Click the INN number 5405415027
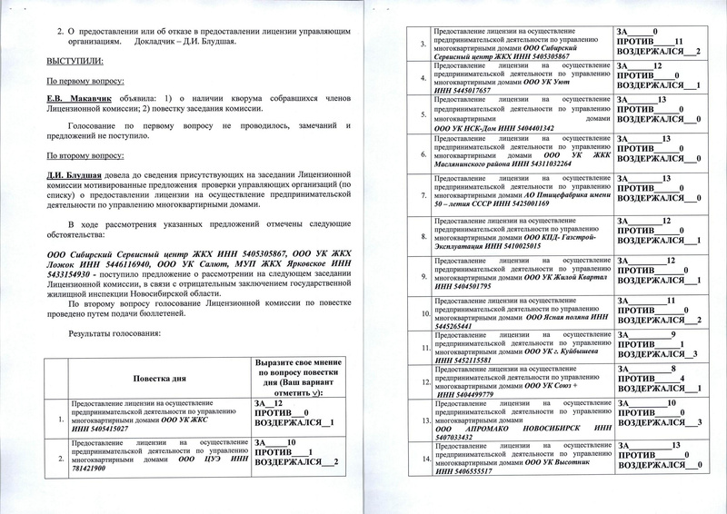pyautogui.click(x=122, y=429)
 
